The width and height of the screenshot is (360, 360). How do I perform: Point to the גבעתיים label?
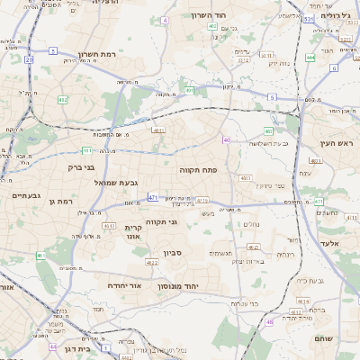click(24, 195)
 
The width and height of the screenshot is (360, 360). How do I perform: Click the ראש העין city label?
click(337, 143)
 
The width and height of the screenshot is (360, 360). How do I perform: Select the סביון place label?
click(173, 253)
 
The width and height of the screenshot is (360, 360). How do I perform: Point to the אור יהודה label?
click(124, 284)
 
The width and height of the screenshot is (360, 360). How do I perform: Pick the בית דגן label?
click(79, 348)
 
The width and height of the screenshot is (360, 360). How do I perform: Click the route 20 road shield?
click(29, 59)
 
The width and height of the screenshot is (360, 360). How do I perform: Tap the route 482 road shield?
click(62, 100)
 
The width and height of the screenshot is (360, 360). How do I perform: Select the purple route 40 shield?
click(227, 140)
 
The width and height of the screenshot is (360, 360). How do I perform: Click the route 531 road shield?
click(308, 18)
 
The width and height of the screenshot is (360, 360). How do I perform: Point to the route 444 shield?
click(310, 58)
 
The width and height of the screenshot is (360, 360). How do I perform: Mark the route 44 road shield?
click(54, 346)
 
